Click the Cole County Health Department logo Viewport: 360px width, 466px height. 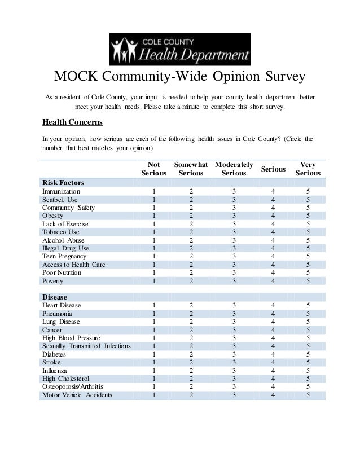click(179, 50)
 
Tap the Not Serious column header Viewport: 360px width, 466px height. click(153, 169)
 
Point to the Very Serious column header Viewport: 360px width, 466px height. click(308, 169)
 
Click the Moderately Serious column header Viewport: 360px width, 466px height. click(234, 169)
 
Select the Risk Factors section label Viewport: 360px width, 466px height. click(62, 183)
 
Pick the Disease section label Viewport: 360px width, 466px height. click(55, 297)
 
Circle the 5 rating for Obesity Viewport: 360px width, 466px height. click(308, 216)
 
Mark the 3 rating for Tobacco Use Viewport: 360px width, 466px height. click(234, 232)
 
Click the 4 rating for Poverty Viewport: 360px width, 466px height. click(274, 280)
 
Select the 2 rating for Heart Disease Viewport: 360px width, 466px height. click(191, 305)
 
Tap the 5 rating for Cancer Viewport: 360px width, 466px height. click(308, 329)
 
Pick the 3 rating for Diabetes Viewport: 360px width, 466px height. click(234, 354)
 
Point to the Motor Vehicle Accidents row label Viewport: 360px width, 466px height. click(77, 395)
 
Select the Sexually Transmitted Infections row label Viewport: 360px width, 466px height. click(86, 346)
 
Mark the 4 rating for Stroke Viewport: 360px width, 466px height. click(274, 362)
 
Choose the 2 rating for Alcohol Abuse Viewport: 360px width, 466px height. click(191, 240)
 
